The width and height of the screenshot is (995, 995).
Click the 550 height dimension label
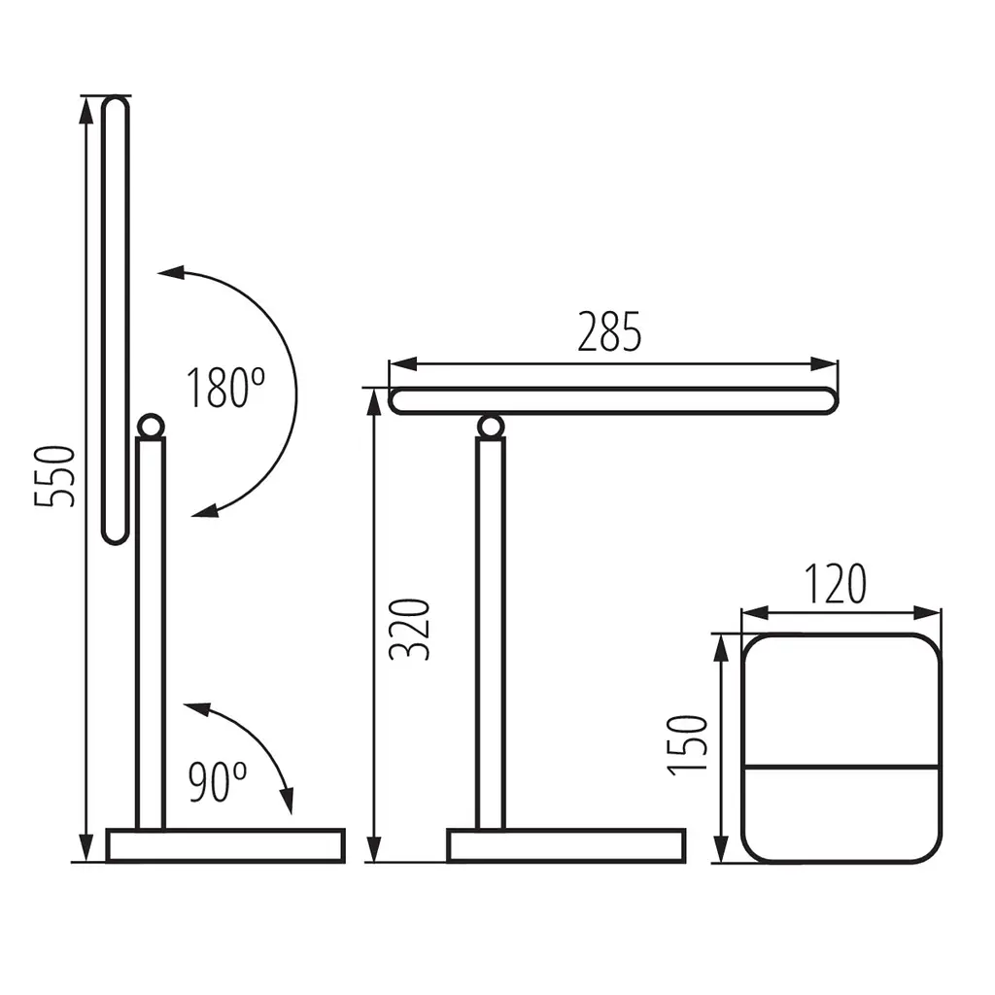point(54,476)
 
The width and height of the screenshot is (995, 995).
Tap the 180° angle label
point(225,388)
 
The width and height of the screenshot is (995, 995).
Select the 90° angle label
point(217,782)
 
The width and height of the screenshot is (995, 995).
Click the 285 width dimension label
point(609,331)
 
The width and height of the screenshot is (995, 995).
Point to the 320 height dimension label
point(409,629)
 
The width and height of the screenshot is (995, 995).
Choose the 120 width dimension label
point(835,584)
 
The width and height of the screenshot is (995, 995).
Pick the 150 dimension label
point(687,743)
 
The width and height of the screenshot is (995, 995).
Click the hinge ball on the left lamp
point(151,426)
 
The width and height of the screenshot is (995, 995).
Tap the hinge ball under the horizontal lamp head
point(491,426)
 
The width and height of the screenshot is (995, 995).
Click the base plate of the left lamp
point(225,845)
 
